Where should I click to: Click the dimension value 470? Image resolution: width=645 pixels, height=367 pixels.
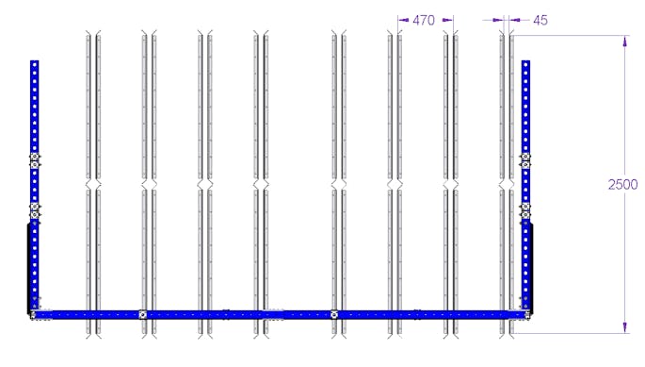pos(424,20)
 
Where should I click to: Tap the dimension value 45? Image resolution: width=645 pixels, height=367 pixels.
pos(540,20)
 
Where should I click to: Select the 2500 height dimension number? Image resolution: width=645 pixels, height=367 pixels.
pos(622,184)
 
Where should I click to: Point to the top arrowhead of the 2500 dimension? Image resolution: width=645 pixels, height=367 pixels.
pos(625,41)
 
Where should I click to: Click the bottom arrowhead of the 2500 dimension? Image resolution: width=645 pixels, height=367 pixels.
pos(625,327)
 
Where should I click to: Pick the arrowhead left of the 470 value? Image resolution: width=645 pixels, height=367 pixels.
pos(404,20)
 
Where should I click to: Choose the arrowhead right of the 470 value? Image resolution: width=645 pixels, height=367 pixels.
pos(447,20)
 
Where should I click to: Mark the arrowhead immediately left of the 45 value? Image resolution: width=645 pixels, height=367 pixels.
pos(514,20)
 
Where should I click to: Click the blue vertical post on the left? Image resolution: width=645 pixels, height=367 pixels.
pos(35,186)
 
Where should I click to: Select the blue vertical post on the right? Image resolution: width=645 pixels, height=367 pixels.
pos(525,186)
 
